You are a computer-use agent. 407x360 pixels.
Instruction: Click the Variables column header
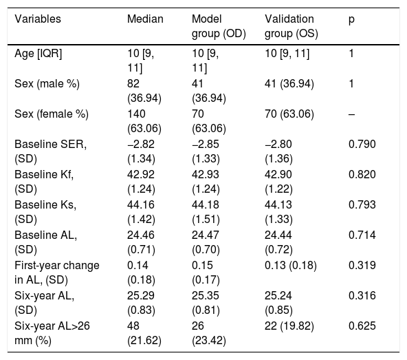(38, 19)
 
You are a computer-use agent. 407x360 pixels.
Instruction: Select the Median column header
(145, 19)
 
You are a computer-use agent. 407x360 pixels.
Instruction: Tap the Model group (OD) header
(219, 26)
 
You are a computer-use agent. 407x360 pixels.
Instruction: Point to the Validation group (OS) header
(291, 26)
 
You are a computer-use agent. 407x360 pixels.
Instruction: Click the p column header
(351, 20)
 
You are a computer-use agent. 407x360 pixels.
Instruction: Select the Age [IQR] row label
(38, 54)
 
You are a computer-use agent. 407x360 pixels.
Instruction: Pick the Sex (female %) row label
(52, 114)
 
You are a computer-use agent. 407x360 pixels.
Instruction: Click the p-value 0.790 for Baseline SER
(362, 145)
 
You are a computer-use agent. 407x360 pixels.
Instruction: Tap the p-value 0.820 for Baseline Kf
(362, 174)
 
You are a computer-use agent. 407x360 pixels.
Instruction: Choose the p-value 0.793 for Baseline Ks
(362, 205)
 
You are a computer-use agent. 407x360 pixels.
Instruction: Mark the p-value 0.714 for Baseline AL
(362, 235)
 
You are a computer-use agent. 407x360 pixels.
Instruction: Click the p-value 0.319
(362, 266)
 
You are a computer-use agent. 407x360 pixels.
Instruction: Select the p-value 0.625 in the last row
(362, 326)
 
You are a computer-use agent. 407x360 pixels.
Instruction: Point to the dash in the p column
(351, 114)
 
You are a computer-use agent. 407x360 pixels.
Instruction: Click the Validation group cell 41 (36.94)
(289, 84)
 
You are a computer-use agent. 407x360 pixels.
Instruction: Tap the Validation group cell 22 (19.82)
(289, 326)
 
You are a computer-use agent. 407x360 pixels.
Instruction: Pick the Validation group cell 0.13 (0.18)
(291, 266)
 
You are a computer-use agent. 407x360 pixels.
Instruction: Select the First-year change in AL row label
(57, 273)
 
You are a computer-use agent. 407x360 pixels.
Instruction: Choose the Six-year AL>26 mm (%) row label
(52, 333)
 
